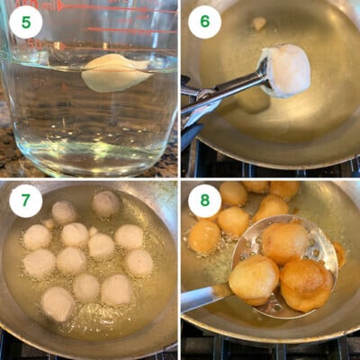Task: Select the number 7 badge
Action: pos(25,201)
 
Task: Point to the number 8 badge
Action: pos(204,201)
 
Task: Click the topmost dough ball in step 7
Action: pos(106,203)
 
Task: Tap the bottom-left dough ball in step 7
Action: pos(58,303)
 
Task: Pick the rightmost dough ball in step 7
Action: pos(139,263)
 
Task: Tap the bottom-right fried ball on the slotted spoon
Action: pos(305,283)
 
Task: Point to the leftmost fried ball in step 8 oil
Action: pos(203,238)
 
